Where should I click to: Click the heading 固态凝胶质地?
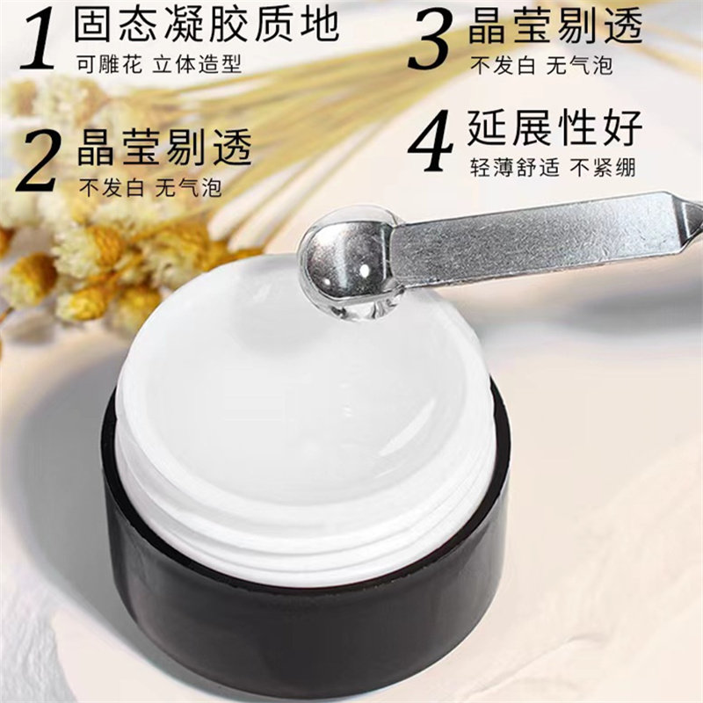click(207, 25)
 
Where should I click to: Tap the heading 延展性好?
click(556, 127)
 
